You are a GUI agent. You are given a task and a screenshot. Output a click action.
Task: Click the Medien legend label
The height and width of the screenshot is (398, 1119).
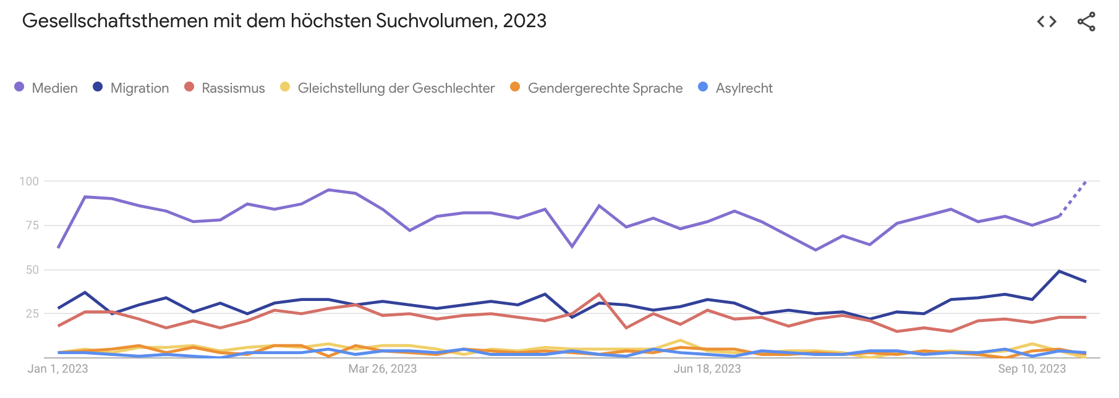pyautogui.click(x=54, y=88)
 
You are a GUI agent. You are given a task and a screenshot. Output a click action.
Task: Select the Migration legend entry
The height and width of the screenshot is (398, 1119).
pyautogui.click(x=139, y=88)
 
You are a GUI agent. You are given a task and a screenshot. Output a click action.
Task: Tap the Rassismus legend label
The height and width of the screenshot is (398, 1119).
pyautogui.click(x=233, y=88)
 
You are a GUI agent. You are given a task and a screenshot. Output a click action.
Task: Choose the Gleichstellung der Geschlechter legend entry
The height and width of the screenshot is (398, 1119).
pyautogui.click(x=396, y=88)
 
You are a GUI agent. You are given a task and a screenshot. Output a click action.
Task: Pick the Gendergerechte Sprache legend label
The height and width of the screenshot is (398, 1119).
pyautogui.click(x=605, y=88)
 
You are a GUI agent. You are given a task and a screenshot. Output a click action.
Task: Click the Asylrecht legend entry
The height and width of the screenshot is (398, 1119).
pyautogui.click(x=744, y=88)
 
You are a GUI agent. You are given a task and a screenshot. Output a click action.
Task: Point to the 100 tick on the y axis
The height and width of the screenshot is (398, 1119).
pyautogui.click(x=29, y=182)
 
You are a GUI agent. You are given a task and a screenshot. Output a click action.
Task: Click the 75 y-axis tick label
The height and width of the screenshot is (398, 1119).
pyautogui.click(x=32, y=226)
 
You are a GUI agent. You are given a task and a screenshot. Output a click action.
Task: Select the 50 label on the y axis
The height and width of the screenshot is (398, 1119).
pyautogui.click(x=32, y=270)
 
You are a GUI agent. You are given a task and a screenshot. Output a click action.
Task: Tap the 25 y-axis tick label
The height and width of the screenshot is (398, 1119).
pyautogui.click(x=32, y=314)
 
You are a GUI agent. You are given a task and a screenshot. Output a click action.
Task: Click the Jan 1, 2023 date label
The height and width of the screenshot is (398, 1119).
pyautogui.click(x=58, y=369)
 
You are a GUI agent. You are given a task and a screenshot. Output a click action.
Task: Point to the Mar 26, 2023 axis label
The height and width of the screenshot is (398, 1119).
pyautogui.click(x=382, y=369)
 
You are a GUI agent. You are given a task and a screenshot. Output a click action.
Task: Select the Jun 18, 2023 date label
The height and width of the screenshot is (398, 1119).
pyautogui.click(x=707, y=369)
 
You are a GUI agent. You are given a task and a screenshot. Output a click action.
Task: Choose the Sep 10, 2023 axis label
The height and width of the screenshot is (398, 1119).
pyautogui.click(x=1032, y=369)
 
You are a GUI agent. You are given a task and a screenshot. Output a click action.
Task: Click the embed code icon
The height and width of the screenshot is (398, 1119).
pyautogui.click(x=1047, y=22)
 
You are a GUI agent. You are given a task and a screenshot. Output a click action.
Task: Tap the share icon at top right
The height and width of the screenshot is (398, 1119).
pyautogui.click(x=1086, y=22)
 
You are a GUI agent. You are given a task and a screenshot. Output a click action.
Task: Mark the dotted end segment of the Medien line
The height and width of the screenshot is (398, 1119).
pyautogui.click(x=1073, y=198)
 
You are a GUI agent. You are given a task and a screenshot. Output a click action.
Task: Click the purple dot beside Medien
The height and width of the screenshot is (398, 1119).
pyautogui.click(x=19, y=87)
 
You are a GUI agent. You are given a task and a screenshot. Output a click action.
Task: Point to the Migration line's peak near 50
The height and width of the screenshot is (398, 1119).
pyautogui.click(x=1059, y=271)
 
